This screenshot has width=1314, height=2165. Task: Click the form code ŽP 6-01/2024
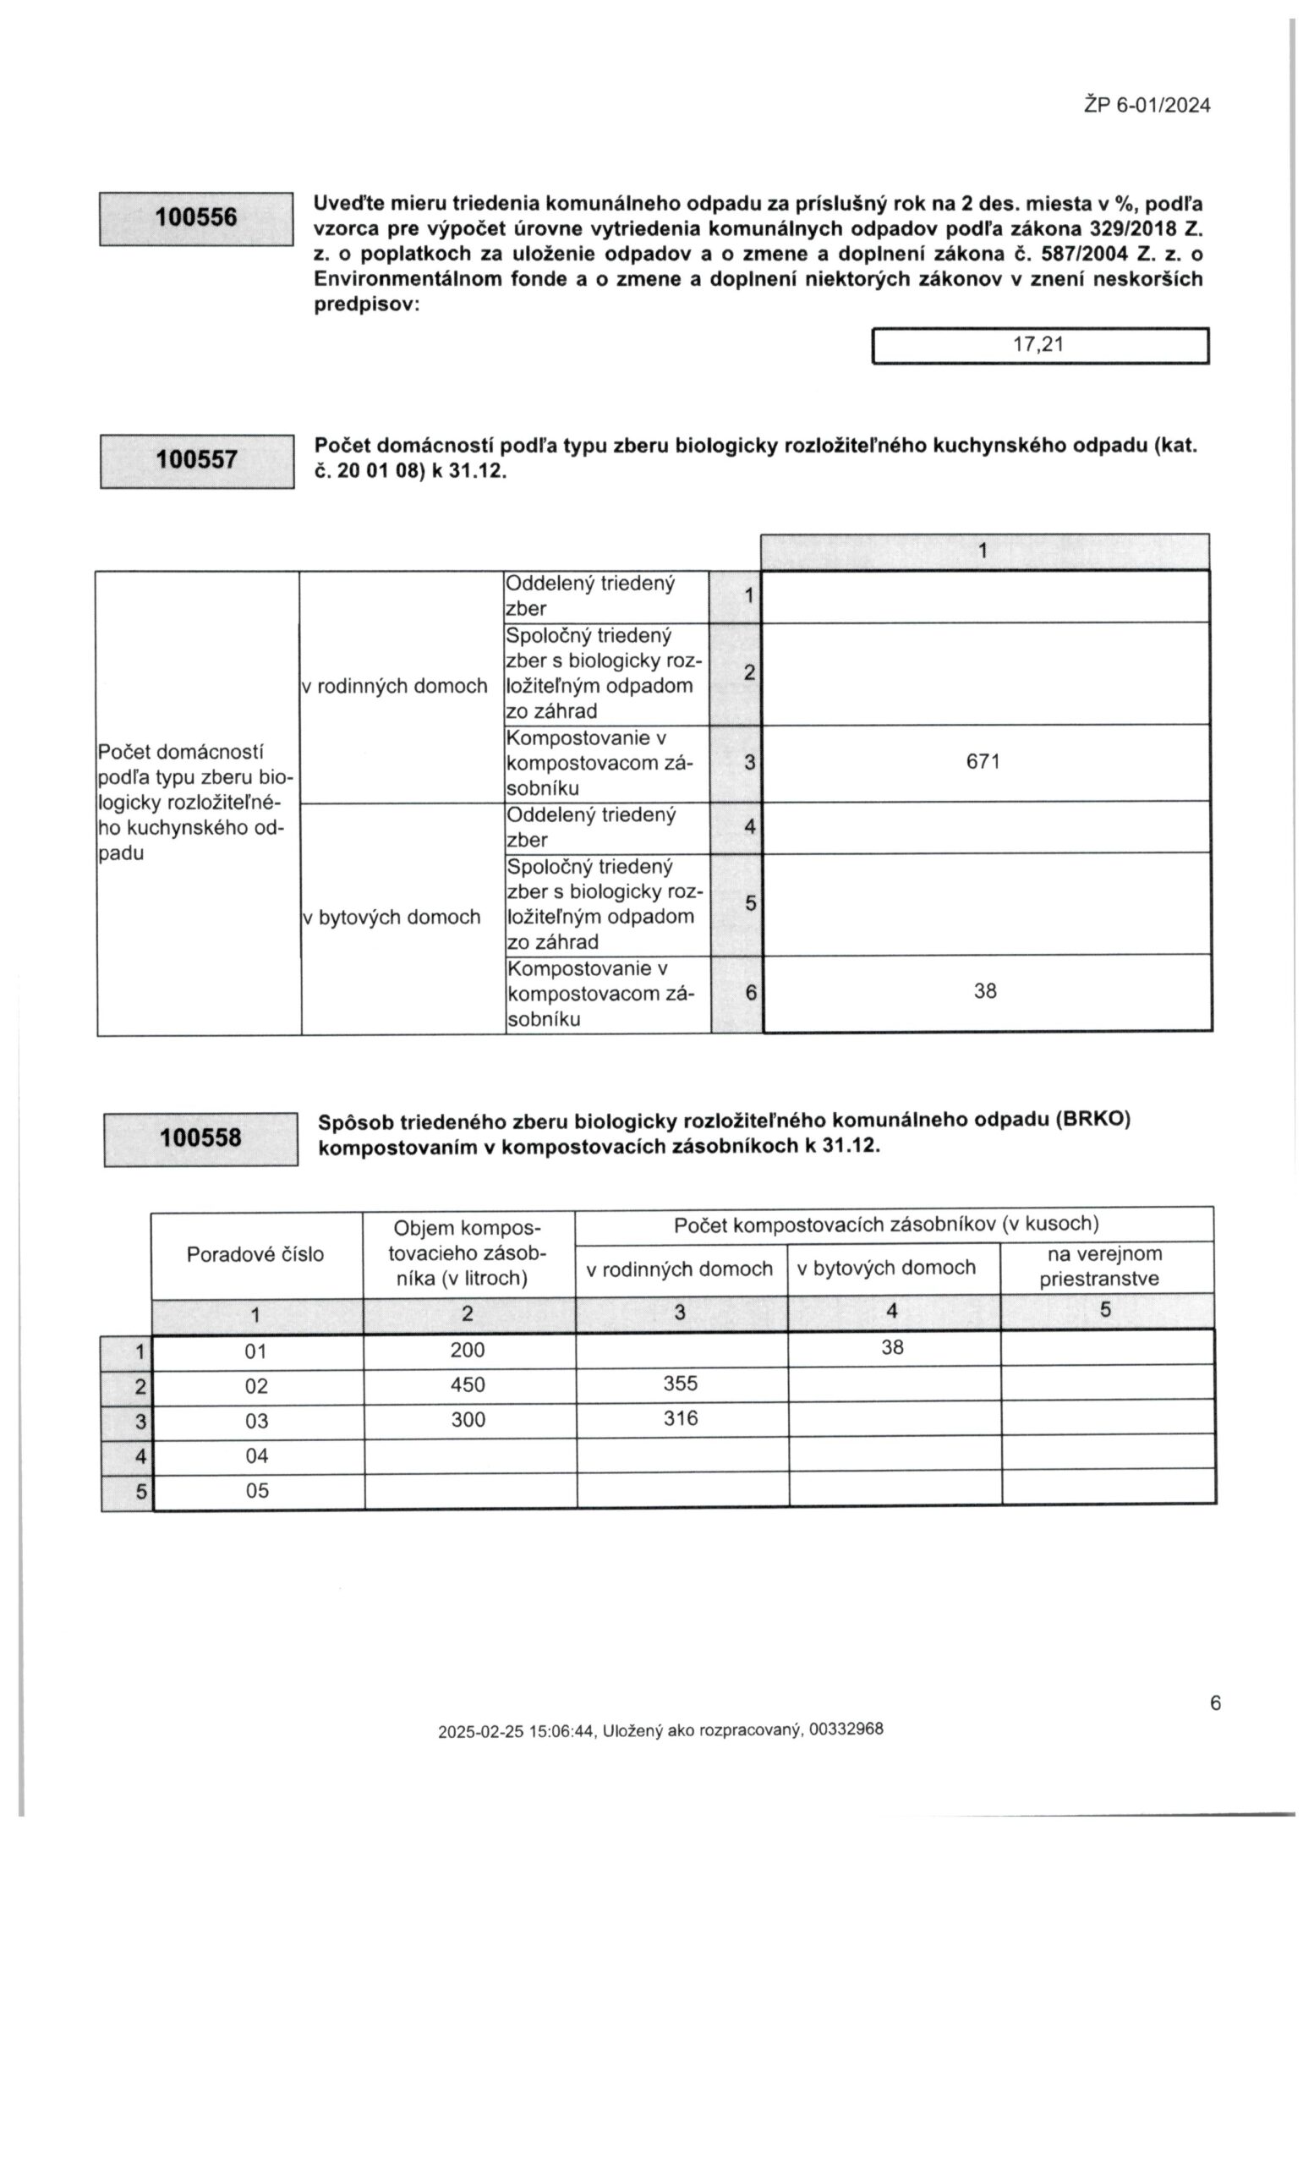[1147, 106]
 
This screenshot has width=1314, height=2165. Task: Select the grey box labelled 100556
[196, 218]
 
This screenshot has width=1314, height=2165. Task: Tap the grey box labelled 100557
[197, 460]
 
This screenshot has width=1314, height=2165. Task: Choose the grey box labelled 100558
[200, 1138]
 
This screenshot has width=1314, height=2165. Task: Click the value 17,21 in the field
[1038, 344]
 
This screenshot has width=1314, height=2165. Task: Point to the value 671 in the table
[983, 762]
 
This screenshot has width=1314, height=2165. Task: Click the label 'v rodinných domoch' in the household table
[394, 686]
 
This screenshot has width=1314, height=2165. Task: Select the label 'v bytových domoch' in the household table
[391, 918]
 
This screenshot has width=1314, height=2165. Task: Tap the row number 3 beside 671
[749, 763]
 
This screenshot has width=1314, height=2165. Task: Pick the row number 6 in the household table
[750, 993]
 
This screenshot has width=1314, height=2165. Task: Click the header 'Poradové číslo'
[255, 1254]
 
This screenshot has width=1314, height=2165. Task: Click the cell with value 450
[468, 1384]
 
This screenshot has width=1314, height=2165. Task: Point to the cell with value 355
[680, 1384]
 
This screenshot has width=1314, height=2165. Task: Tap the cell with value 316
[680, 1418]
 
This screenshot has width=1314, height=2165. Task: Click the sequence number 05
[256, 1490]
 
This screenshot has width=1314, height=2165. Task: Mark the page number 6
[1215, 1703]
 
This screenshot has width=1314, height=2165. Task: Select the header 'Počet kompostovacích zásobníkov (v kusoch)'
[885, 1224]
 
